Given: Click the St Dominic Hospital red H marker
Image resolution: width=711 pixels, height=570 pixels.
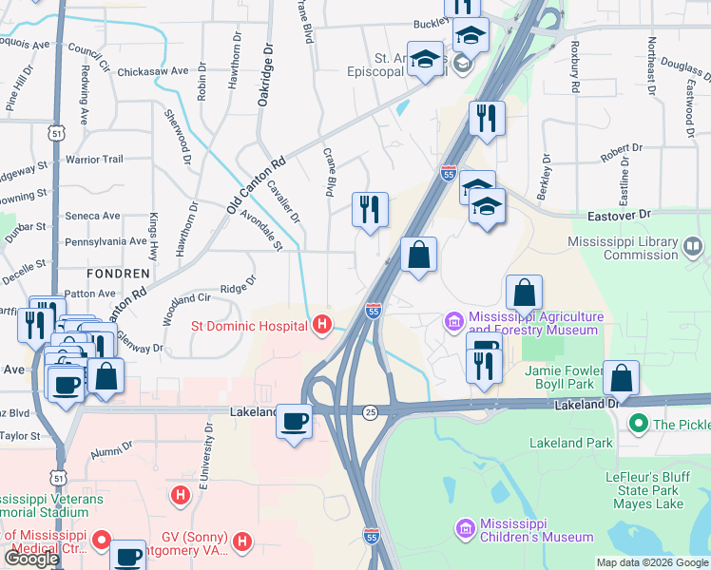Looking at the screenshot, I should [322, 326].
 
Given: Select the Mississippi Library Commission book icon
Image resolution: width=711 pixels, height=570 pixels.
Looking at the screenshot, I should [694, 248].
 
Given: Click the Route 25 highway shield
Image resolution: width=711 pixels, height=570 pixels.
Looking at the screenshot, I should [370, 411].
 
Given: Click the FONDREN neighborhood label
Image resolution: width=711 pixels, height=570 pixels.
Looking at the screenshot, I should [118, 273].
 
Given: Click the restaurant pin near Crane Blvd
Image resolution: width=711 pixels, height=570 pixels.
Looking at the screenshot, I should [370, 209].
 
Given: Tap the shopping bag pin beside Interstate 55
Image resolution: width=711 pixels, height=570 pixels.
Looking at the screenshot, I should [418, 255].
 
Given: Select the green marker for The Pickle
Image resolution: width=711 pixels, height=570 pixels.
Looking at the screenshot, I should [639, 425].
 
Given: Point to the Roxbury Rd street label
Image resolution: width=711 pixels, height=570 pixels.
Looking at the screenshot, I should [575, 66].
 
